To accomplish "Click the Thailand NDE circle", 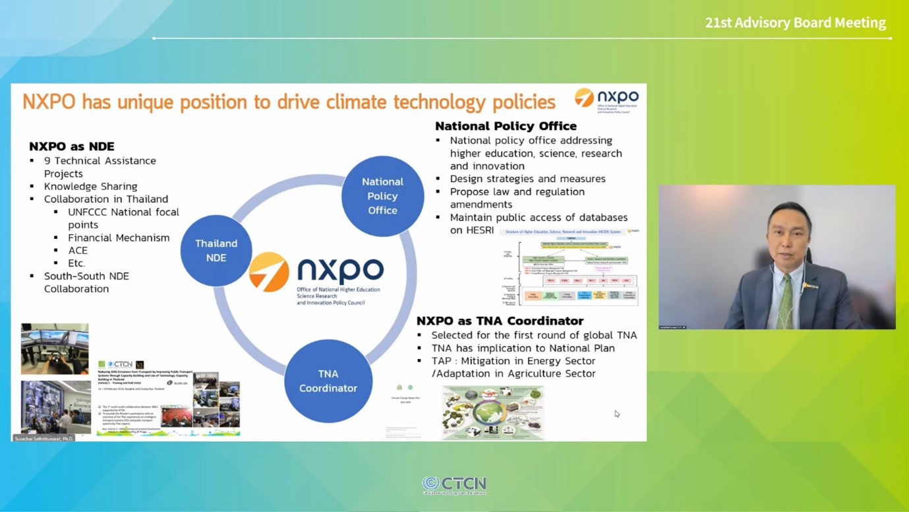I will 216,251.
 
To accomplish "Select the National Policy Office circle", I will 382,196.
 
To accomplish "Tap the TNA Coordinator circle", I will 328,381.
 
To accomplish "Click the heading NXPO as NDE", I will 71,146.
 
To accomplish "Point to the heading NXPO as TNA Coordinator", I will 500,321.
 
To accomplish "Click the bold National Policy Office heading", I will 506,126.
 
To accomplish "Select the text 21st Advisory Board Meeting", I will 795,22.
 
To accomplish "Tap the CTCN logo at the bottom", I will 454,485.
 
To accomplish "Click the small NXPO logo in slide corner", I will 606,100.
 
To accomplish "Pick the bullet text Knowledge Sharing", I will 91,186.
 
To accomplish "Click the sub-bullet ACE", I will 78,250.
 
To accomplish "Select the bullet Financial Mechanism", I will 119,238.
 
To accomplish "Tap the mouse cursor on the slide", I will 616,414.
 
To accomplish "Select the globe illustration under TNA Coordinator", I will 493,413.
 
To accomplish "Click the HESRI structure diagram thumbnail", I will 570,267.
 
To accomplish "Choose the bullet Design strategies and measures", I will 527,179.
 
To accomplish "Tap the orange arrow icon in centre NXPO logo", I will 269,271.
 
